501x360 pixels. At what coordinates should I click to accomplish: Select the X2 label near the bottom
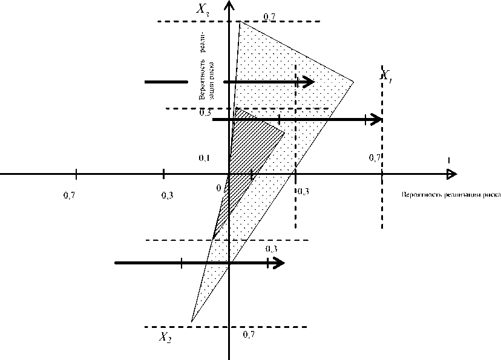click(x=165, y=338)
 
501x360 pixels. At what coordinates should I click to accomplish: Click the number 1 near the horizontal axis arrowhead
click(x=448, y=160)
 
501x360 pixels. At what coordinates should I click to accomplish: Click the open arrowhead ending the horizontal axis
click(x=451, y=174)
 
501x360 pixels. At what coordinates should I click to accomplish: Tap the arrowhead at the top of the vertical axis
click(x=229, y=5)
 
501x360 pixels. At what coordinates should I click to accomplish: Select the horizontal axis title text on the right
click(x=451, y=195)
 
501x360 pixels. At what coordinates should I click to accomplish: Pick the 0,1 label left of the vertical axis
click(x=204, y=158)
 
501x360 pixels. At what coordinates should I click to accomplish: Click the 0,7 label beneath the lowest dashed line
click(x=248, y=334)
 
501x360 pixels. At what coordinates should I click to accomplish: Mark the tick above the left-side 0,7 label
click(x=76, y=174)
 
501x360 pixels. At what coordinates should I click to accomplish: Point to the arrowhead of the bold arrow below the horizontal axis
click(x=279, y=263)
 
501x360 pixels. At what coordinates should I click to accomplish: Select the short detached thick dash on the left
click(x=166, y=82)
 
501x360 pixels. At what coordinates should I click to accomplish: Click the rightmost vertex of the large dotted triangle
click(x=354, y=81)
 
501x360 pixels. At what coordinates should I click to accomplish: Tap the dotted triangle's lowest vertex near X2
click(x=191, y=321)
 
